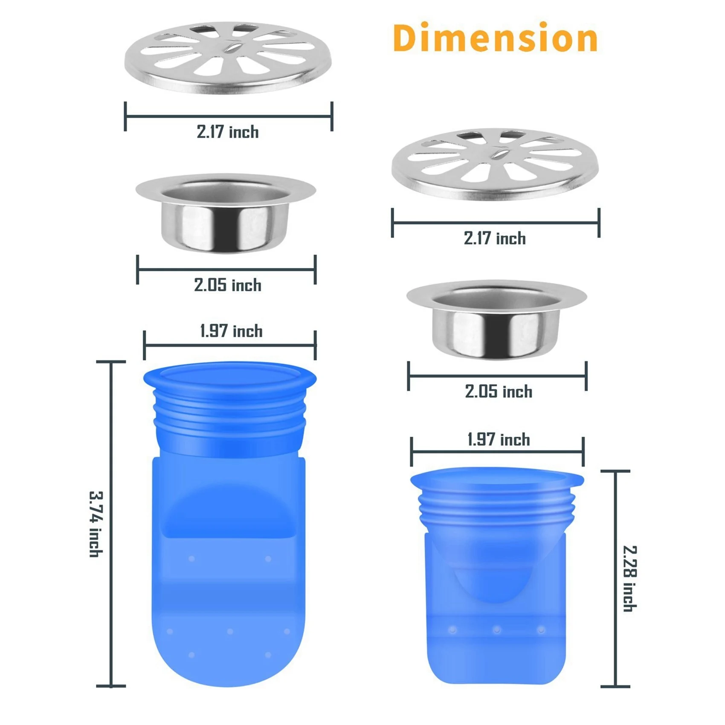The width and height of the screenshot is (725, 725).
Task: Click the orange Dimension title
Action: pos(495,38)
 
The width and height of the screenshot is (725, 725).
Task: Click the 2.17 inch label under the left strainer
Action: pos(228,132)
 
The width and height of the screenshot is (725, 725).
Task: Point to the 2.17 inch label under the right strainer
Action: pos(495,238)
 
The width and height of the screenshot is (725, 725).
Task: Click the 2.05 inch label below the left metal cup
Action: pos(228,285)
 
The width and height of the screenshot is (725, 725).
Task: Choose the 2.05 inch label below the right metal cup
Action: pos(498,391)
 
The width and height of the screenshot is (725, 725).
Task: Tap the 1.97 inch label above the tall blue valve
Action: pos(231,331)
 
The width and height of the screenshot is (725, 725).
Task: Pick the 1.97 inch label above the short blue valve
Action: pos(499,440)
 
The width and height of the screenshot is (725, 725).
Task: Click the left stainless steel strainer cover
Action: pos(228,58)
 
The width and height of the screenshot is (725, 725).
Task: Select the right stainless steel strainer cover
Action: pos(495,164)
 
